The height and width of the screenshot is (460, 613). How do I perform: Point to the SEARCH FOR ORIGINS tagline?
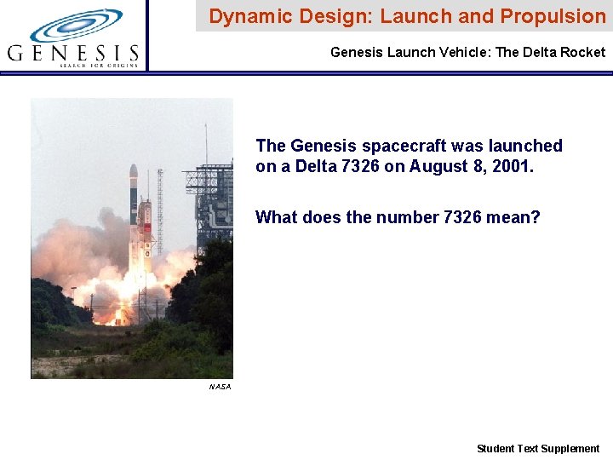click(100, 65)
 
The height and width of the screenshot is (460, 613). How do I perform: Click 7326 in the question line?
click(467, 217)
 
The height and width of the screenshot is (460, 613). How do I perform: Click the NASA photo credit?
click(220, 387)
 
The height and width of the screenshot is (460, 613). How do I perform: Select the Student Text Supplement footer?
click(538, 448)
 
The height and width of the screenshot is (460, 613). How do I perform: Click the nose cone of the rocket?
click(134, 170)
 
